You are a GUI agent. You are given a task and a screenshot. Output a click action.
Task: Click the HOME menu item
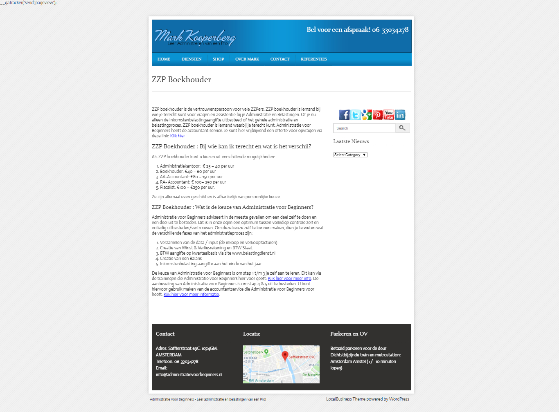[x=164, y=59]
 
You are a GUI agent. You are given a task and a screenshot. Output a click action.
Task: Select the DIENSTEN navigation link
[x=192, y=59]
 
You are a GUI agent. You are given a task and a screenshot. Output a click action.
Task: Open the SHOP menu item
[x=218, y=59]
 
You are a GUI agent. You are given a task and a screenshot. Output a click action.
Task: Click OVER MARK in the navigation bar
[x=247, y=59]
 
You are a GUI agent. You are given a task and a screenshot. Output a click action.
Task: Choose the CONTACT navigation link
[x=280, y=59]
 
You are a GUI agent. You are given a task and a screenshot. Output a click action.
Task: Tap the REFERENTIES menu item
[x=314, y=59]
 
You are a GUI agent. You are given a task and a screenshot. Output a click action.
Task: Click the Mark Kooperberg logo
[x=195, y=37]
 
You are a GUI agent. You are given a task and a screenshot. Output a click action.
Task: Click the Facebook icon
[x=344, y=115]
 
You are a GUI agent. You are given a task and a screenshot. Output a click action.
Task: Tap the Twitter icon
[x=356, y=115]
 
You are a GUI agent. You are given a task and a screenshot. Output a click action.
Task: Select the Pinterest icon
[x=378, y=115]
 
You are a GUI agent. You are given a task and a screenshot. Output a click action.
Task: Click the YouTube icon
[x=389, y=115]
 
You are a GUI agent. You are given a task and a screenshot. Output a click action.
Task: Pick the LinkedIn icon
[x=400, y=115]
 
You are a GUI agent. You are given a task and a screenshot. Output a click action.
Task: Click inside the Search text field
[x=364, y=128]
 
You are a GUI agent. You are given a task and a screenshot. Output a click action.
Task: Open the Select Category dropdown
[x=350, y=155]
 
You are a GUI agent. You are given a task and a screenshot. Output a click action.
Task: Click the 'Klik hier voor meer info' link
[x=289, y=279]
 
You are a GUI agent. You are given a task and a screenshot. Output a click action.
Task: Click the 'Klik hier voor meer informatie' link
[x=191, y=295]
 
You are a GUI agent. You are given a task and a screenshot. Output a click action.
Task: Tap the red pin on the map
[x=285, y=356]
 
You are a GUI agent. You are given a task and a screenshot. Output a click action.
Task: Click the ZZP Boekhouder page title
[x=181, y=80]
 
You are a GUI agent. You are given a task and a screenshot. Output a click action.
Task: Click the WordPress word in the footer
[x=399, y=399]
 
